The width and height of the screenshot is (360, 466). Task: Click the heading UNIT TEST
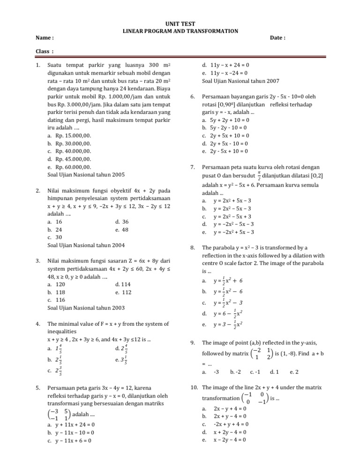(180, 24)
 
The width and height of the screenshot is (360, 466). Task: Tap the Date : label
(277, 38)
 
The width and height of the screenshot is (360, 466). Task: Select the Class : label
(45, 51)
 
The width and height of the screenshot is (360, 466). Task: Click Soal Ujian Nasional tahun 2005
(86, 174)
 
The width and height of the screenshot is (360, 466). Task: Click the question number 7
(193, 167)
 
